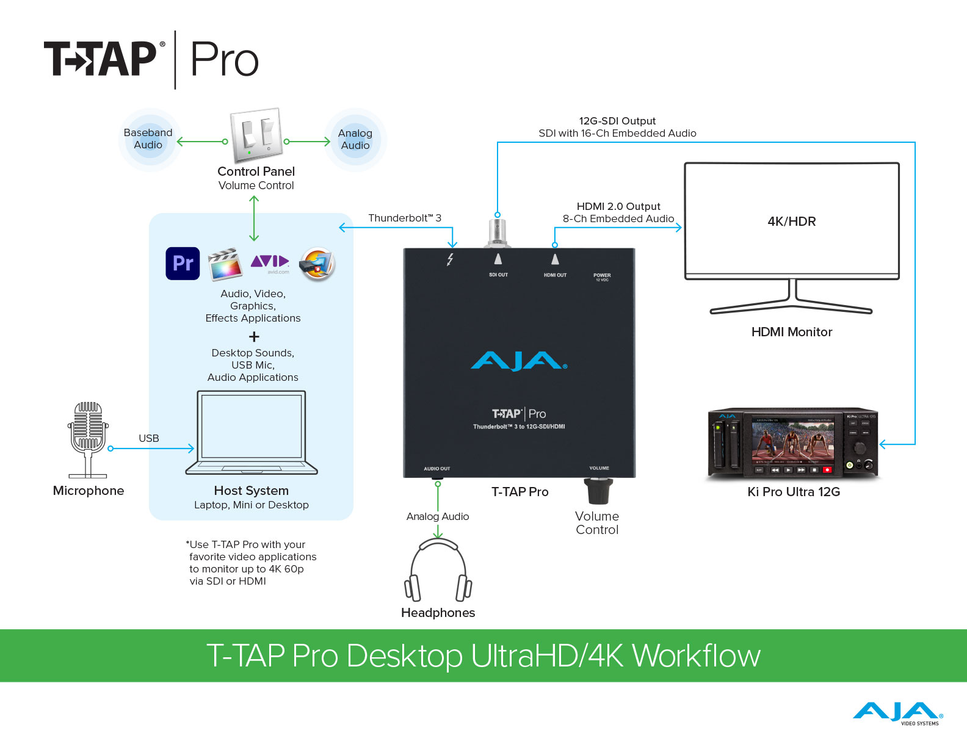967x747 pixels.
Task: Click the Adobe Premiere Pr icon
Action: click(x=183, y=264)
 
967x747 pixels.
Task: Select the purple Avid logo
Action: click(x=269, y=262)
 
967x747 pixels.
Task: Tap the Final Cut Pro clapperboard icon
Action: click(x=225, y=264)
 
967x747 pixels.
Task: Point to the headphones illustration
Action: click(x=438, y=571)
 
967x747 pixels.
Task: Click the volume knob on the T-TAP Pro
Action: click(x=598, y=491)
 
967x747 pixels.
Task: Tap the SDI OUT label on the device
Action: click(x=498, y=275)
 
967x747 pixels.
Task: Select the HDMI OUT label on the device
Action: click(x=555, y=275)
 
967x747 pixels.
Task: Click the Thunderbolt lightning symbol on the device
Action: click(x=451, y=259)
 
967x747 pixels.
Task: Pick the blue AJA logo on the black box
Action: click(x=518, y=361)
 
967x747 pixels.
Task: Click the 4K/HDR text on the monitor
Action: click(x=792, y=222)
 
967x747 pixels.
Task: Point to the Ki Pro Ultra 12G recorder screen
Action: click(x=792, y=442)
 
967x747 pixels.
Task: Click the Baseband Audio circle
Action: click(x=148, y=139)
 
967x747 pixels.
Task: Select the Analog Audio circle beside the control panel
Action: click(x=355, y=140)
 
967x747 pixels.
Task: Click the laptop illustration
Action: click(x=252, y=433)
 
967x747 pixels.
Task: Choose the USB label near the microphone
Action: click(x=149, y=438)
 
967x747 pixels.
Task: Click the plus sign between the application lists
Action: click(x=254, y=337)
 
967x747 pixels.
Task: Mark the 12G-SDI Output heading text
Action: click(x=617, y=121)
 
